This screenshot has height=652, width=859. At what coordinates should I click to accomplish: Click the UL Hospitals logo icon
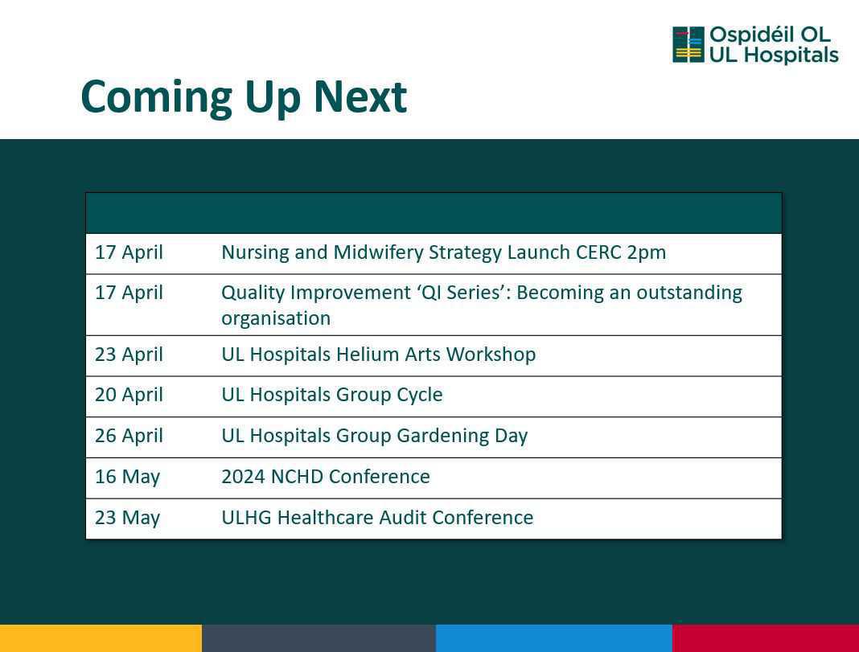[688, 44]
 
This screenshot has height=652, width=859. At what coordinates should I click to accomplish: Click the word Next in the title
[360, 97]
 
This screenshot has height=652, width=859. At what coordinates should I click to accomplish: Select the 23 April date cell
[129, 355]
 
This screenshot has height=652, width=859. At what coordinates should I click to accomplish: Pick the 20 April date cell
[129, 395]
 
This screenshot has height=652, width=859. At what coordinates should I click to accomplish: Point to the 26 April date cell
[129, 436]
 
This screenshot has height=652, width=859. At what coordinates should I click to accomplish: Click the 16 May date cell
[127, 477]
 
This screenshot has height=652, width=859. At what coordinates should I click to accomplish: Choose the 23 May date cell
[127, 518]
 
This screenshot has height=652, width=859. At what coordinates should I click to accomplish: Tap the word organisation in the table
[276, 318]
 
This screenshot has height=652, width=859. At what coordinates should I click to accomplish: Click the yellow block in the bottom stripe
[101, 638]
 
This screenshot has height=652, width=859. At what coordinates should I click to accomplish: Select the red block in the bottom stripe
[766, 638]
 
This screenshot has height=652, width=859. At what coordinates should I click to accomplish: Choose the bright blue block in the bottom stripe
[554, 638]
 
